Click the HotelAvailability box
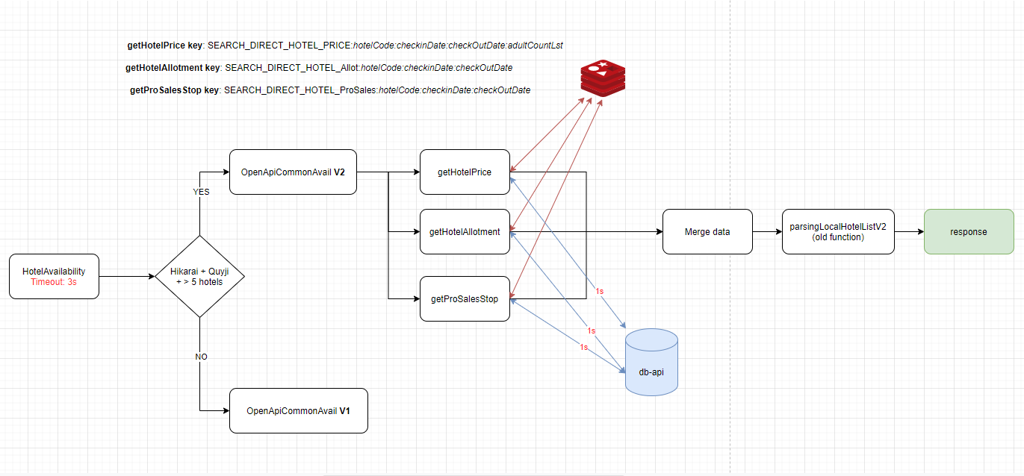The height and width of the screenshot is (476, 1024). click(54, 276)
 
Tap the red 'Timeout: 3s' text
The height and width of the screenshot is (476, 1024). click(54, 282)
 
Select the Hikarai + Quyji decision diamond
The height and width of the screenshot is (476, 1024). click(199, 276)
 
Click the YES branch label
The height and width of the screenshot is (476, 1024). click(201, 191)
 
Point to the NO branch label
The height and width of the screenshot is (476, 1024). click(201, 357)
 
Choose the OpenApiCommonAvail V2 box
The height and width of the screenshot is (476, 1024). click(293, 172)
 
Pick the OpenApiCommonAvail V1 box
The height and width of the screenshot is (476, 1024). click(298, 410)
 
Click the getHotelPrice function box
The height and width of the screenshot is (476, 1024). click(465, 172)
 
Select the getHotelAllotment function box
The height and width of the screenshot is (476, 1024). click(465, 231)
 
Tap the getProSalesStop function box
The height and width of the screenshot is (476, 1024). click(465, 298)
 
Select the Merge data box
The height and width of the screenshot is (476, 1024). click(707, 231)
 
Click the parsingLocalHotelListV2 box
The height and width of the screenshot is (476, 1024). click(837, 231)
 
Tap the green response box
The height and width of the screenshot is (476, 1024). click(968, 231)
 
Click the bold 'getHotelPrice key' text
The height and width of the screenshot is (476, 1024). click(165, 46)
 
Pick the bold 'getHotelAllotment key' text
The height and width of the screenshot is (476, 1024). click(173, 68)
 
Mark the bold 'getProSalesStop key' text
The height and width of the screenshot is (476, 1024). click(175, 90)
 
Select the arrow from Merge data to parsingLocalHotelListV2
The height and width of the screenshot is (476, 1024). click(767, 231)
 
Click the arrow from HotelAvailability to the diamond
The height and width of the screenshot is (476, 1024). click(127, 276)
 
